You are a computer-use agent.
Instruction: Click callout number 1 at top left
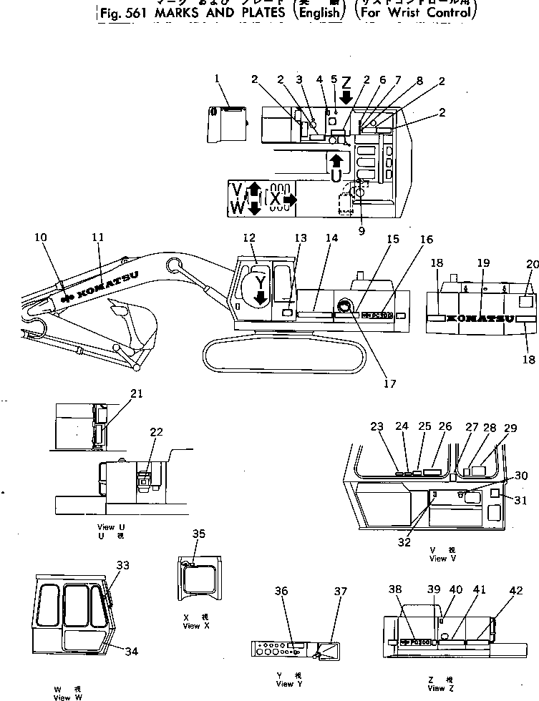coord(217,78)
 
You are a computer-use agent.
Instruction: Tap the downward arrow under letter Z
coord(346,97)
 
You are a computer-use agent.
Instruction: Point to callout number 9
coord(361,230)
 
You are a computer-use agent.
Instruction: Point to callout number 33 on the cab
coord(123,565)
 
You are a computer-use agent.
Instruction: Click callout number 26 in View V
coord(445,426)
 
